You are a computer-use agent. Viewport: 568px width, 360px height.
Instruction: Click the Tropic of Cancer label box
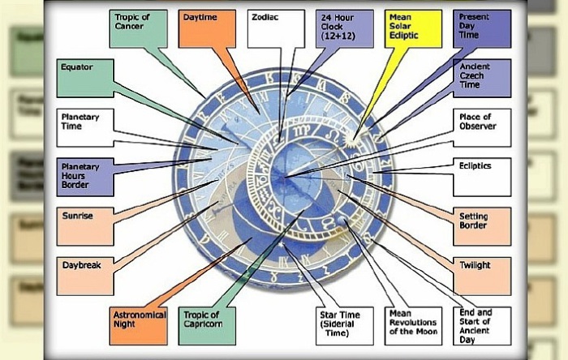click(139, 28)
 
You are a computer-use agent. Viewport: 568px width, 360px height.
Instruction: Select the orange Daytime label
click(206, 28)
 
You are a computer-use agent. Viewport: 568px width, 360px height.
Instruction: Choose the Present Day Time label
click(483, 28)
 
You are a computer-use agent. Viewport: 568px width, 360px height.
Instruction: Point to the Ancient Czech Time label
click(483, 78)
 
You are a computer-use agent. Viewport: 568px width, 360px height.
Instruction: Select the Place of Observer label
click(483, 126)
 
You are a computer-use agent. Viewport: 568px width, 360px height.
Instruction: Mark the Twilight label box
click(483, 276)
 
